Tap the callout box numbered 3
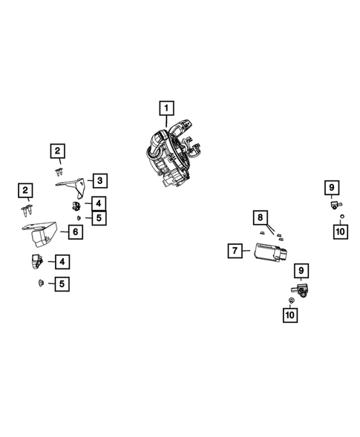(x=99, y=180)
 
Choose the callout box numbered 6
(x=75, y=231)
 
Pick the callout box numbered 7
(x=235, y=251)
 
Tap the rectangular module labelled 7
(x=268, y=252)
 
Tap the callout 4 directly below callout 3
(x=99, y=202)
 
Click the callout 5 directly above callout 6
(x=99, y=217)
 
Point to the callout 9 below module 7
(x=301, y=270)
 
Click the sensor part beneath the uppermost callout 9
(x=335, y=204)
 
